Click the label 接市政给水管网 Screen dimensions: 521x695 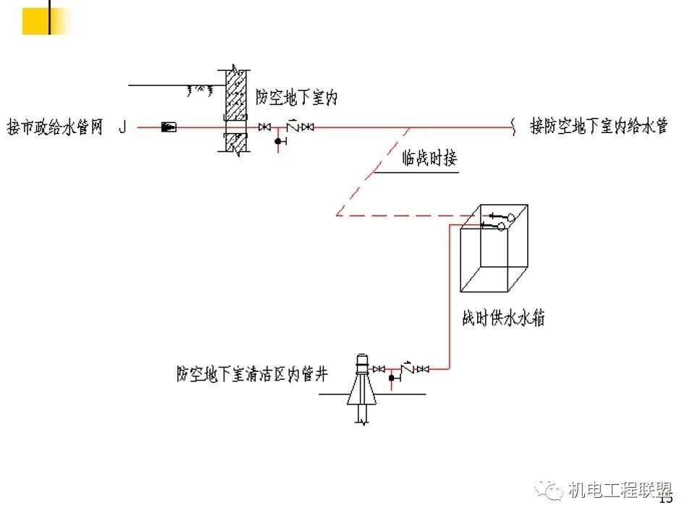(55, 128)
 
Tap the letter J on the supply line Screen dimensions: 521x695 (122, 128)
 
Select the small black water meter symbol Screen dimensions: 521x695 (168, 127)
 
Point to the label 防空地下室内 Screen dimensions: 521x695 (297, 97)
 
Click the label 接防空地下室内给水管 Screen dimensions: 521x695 (598, 127)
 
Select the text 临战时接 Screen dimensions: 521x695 (430, 158)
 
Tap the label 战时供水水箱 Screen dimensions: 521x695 (503, 318)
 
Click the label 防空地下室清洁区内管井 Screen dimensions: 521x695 (252, 374)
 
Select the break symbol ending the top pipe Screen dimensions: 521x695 (515, 127)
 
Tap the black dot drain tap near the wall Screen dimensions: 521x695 (278, 140)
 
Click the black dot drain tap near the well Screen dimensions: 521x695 (392, 377)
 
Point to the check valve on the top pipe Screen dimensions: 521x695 (292, 124)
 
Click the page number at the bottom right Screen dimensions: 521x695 (666, 499)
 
